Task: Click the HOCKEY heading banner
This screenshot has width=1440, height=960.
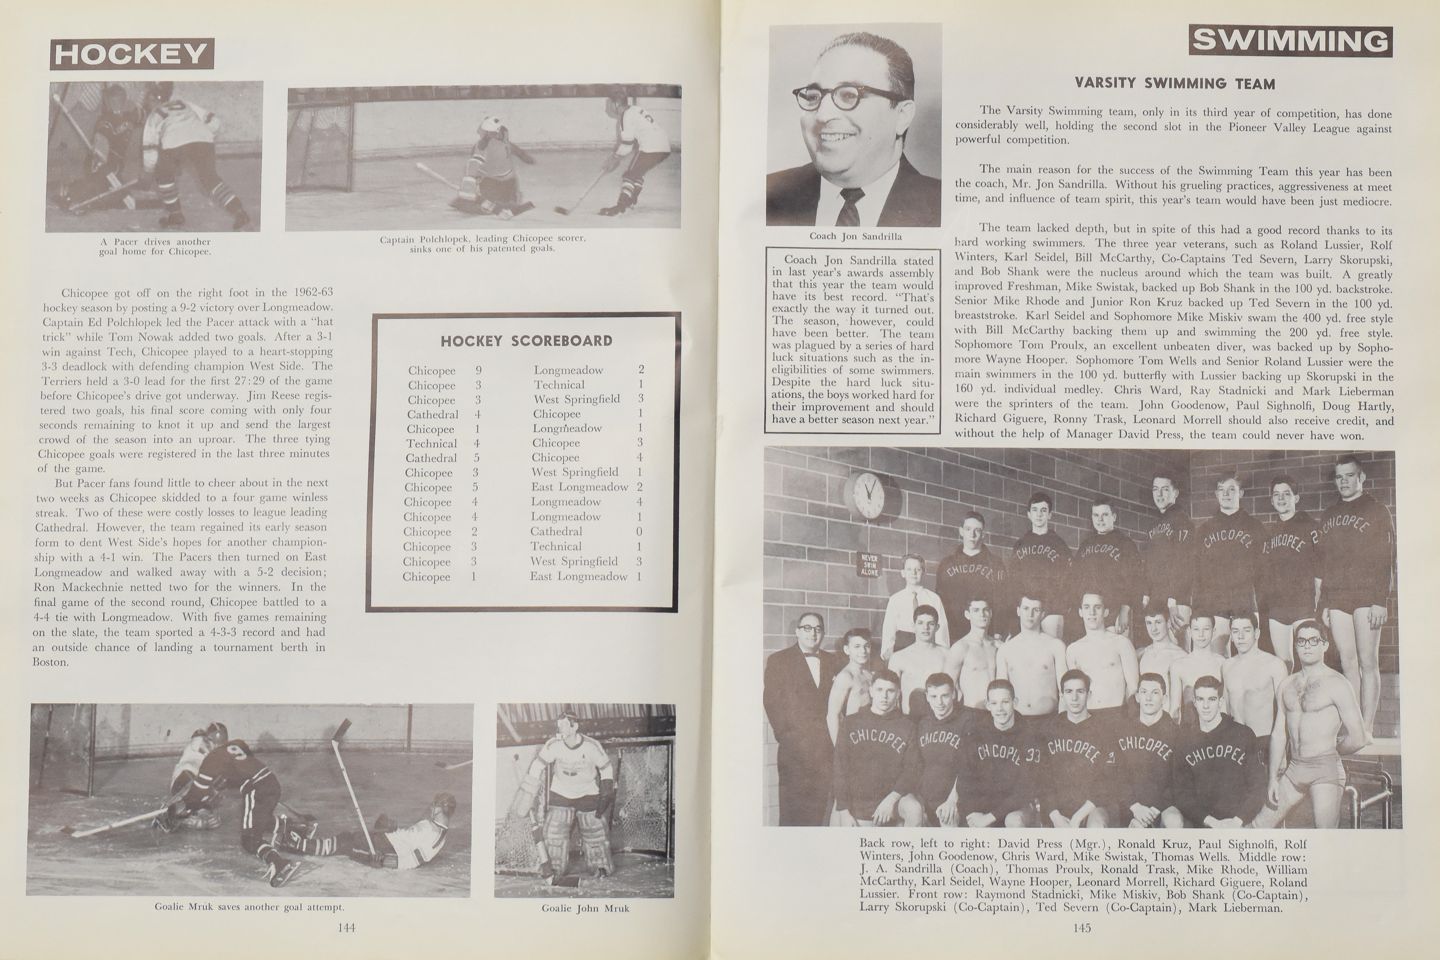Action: (132, 54)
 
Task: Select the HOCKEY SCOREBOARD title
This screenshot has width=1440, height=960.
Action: (526, 341)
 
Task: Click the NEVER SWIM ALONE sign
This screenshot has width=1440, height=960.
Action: (869, 564)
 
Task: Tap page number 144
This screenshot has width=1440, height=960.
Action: (347, 928)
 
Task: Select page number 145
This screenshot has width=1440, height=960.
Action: (1082, 928)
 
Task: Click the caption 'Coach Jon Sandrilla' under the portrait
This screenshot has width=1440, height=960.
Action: (855, 236)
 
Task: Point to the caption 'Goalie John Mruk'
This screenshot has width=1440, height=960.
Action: (585, 909)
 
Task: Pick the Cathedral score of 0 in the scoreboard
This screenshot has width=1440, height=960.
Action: (639, 531)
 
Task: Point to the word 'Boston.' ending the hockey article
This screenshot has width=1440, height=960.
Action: (50, 662)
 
